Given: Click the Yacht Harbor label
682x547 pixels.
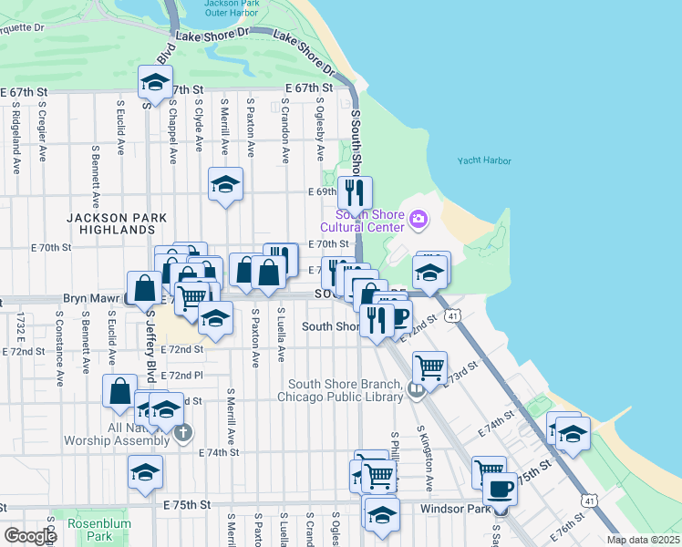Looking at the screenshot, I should (x=484, y=161).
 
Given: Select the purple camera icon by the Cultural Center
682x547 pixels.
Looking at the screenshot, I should (x=418, y=218).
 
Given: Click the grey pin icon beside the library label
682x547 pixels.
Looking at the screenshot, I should (x=416, y=390).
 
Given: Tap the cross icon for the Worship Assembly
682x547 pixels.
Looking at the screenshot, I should (x=183, y=431).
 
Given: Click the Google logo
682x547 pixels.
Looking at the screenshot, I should (x=30, y=535).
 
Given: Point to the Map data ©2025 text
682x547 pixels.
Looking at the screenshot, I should (x=643, y=540).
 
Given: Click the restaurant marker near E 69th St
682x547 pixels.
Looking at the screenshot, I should (x=355, y=191).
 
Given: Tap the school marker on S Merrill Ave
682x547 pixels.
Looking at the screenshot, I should (x=225, y=184).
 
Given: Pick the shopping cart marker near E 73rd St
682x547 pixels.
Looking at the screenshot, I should (x=429, y=367).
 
